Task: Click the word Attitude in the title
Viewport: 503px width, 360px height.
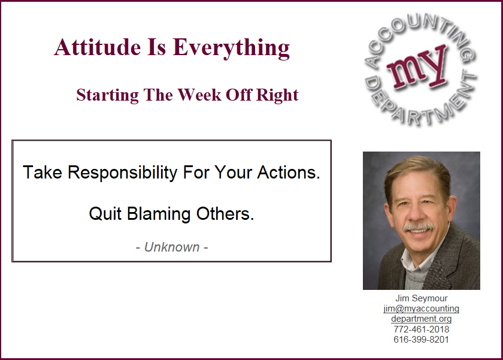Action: click(x=98, y=47)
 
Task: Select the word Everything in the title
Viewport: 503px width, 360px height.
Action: click(x=231, y=49)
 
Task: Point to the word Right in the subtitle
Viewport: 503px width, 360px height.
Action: click(x=277, y=95)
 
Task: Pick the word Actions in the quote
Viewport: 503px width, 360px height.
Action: click(x=289, y=173)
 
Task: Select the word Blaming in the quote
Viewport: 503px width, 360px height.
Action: click(x=159, y=214)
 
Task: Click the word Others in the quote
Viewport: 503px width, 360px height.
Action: click(x=225, y=214)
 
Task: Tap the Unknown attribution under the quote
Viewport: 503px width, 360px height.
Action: click(x=172, y=247)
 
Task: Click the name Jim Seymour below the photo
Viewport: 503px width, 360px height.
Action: click(x=421, y=298)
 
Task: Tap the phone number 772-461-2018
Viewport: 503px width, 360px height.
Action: click(x=421, y=329)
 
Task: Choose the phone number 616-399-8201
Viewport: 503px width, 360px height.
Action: click(x=421, y=340)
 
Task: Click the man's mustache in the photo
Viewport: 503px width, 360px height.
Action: click(x=419, y=227)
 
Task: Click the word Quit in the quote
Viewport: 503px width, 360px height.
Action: click(x=105, y=214)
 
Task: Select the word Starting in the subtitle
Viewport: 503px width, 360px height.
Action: click(x=107, y=95)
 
